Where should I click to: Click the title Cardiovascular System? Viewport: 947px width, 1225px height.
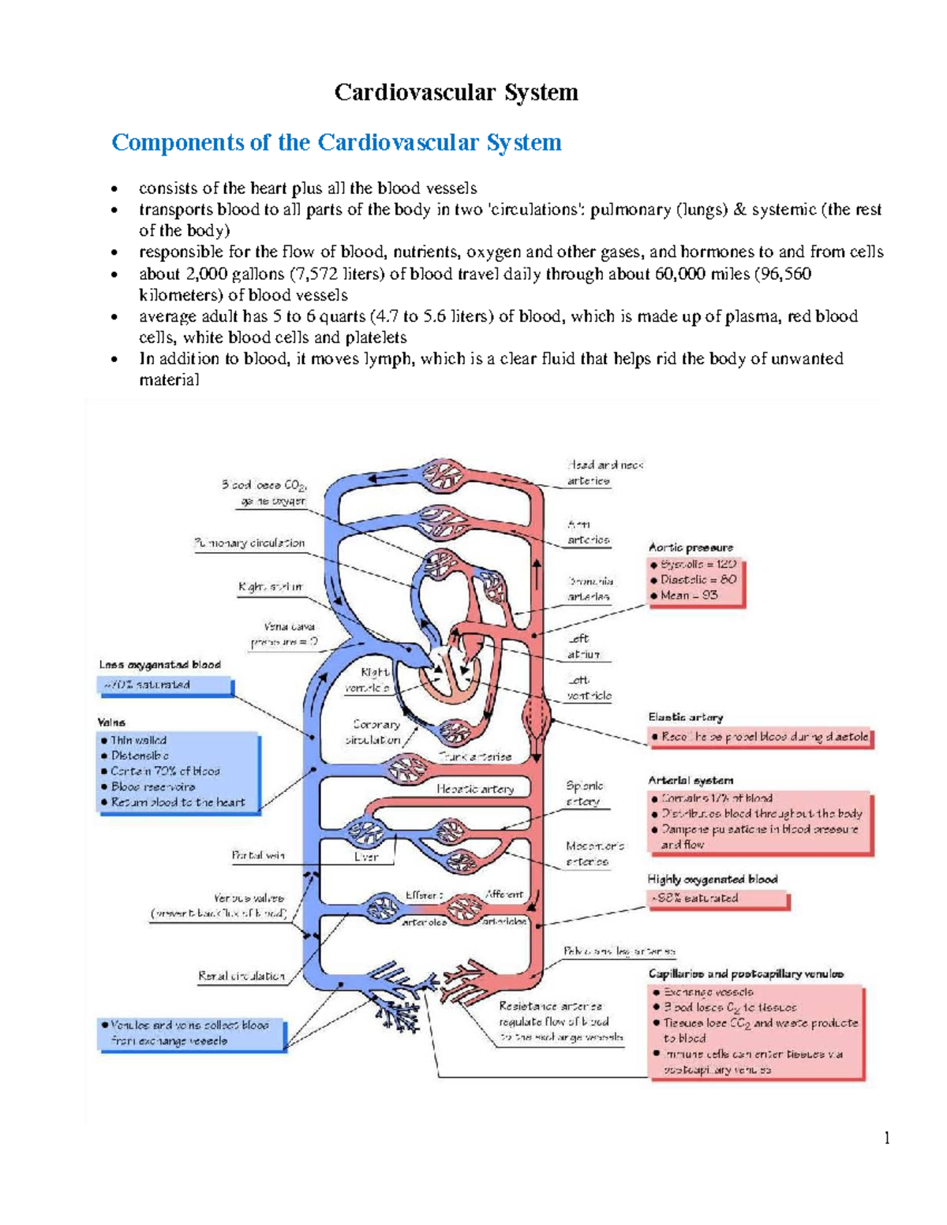coord(456,92)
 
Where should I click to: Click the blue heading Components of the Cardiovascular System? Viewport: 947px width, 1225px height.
coord(336,142)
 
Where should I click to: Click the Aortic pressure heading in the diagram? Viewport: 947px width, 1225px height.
coord(691,547)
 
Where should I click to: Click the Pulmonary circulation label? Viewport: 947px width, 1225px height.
coord(249,543)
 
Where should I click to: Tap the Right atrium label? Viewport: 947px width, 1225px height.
coord(270,587)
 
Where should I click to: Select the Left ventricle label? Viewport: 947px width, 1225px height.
coord(589,688)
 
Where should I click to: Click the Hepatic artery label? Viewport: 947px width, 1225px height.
coord(475,788)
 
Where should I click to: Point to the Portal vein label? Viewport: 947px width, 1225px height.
coord(258,855)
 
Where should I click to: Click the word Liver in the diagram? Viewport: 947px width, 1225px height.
coord(366,857)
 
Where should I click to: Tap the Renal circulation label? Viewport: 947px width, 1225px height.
coord(241,976)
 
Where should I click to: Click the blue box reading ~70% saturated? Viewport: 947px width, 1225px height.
coord(165,685)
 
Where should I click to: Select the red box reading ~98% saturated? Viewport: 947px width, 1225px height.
coord(718,898)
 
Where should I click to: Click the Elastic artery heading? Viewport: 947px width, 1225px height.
coord(685,717)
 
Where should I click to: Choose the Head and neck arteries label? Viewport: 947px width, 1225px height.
coord(604,472)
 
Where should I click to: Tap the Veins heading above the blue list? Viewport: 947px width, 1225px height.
coord(111,722)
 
